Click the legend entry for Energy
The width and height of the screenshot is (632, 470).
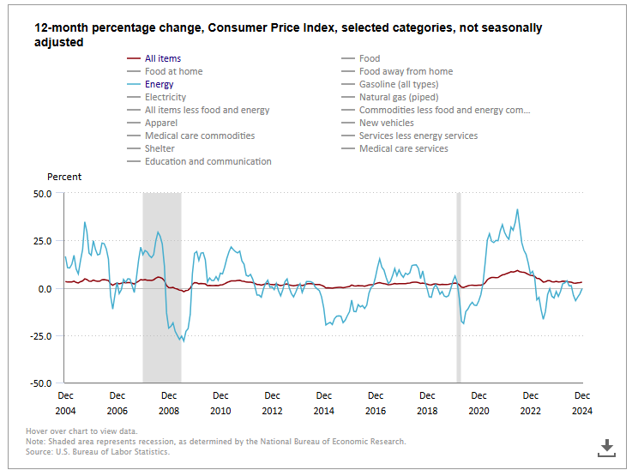[159, 84]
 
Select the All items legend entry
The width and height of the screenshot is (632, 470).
[162, 58]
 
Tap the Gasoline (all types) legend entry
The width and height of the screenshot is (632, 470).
[398, 84]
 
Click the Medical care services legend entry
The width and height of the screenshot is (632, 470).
[403, 148]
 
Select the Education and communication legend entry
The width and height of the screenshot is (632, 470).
[208, 161]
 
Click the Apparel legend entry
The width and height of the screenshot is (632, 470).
[161, 123]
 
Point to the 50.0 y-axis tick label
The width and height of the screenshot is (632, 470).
[43, 194]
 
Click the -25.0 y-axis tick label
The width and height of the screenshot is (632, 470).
[41, 336]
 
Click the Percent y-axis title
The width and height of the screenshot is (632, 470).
[64, 177]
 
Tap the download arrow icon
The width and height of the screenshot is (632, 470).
[606, 446]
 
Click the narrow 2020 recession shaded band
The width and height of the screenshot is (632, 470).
[459, 287]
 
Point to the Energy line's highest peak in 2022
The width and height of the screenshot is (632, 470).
[517, 209]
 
